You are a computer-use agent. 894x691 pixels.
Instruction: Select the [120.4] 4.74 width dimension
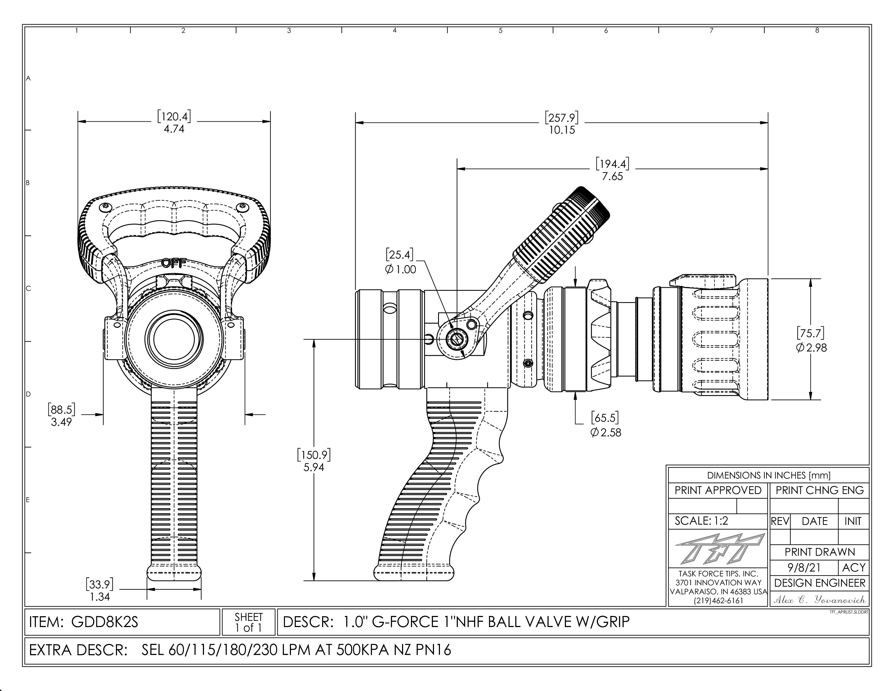(174, 123)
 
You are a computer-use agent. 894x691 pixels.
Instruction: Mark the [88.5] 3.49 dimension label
(61, 415)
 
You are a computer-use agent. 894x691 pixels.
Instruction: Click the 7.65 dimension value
(612, 176)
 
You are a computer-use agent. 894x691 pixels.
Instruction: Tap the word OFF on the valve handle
(174, 262)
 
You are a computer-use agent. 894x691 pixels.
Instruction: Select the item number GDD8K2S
(104, 622)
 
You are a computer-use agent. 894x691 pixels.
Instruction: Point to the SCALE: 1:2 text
(701, 521)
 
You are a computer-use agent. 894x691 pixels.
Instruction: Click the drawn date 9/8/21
(804, 568)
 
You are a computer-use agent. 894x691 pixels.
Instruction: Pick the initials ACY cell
(853, 568)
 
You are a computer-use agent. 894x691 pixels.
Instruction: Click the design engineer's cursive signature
(819, 600)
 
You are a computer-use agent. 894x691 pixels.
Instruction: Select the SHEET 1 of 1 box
(248, 622)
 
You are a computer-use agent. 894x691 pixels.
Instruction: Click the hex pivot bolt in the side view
(456, 339)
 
